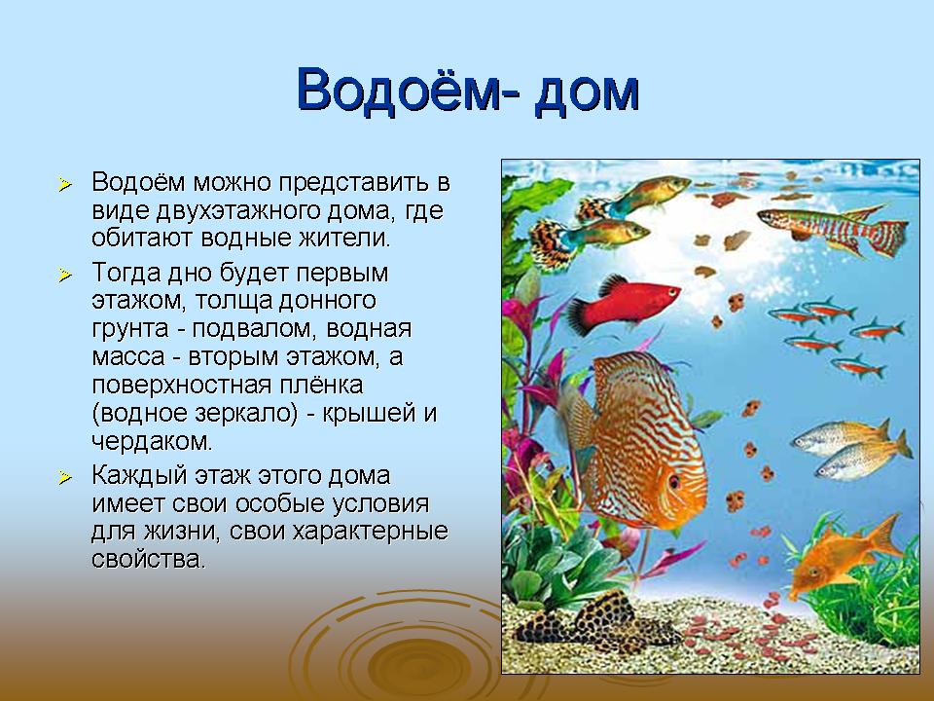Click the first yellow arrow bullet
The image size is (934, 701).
click(65, 184)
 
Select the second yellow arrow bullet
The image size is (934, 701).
click(65, 275)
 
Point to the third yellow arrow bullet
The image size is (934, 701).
click(65, 477)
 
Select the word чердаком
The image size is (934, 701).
click(152, 441)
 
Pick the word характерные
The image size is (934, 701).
click(371, 532)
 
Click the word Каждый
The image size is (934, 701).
click(133, 476)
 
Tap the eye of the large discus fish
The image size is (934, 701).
click(673, 480)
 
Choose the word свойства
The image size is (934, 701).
click(148, 559)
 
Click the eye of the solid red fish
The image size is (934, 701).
click(671, 292)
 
